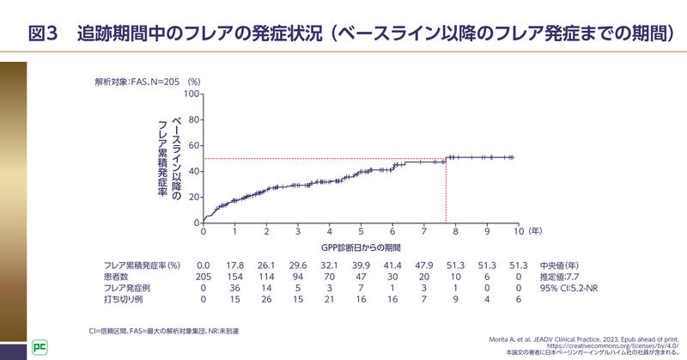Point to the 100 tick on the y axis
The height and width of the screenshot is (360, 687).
(192, 93)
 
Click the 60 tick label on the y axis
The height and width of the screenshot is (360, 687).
(194, 145)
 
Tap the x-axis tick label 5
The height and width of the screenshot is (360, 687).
(361, 232)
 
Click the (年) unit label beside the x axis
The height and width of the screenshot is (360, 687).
(535, 232)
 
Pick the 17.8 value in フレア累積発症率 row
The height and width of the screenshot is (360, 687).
(234, 265)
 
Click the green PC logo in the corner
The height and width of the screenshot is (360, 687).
(40, 347)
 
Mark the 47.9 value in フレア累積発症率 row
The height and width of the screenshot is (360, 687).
(424, 265)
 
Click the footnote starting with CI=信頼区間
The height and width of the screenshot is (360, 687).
(163, 330)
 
